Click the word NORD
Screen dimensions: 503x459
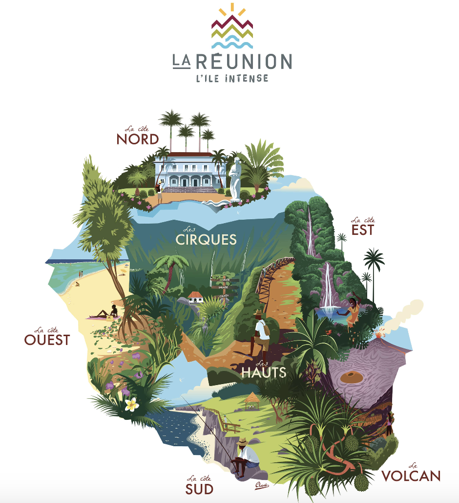tap(138, 139)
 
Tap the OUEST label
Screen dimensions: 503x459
tap(47, 340)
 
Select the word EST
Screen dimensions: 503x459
tap(362, 230)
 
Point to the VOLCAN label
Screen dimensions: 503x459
tap(411, 476)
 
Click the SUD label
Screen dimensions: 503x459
tap(199, 488)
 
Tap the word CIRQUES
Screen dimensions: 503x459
tap(206, 240)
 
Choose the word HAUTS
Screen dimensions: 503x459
tap(264, 373)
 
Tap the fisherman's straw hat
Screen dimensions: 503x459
tap(243, 442)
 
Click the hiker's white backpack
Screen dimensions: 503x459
tap(264, 330)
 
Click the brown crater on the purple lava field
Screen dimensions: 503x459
tap(351, 377)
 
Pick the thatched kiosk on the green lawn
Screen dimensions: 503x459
tap(251, 399)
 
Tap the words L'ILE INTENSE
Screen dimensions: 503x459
tap(231, 77)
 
